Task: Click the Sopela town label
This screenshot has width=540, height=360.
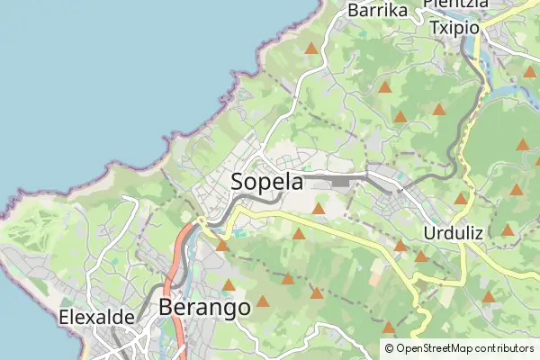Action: tap(267, 181)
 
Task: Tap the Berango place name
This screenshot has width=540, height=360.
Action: tap(204, 308)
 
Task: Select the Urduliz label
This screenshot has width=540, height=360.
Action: tap(453, 233)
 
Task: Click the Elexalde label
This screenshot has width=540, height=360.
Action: tap(96, 317)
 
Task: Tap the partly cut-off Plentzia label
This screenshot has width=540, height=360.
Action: tap(455, 4)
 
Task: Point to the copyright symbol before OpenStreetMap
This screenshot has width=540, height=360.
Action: tap(389, 348)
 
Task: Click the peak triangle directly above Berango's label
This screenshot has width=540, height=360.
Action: tap(229, 285)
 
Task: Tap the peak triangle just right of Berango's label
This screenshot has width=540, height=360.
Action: tap(263, 301)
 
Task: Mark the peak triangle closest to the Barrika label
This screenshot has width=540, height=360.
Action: tap(311, 49)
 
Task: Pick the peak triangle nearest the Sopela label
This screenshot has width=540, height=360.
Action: tap(318, 209)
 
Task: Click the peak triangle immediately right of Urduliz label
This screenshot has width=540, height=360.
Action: tap(508, 230)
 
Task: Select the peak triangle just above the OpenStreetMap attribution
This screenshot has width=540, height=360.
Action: tap(389, 328)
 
